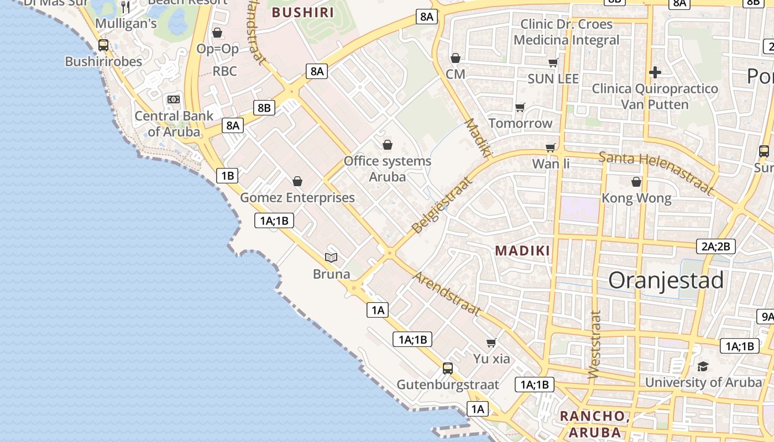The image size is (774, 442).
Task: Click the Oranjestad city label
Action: (666, 281)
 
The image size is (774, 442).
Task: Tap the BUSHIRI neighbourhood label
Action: (304, 12)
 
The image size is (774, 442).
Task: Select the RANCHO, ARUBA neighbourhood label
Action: (594, 424)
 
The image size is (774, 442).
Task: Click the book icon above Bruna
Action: (331, 257)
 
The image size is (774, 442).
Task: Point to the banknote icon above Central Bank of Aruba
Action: (174, 99)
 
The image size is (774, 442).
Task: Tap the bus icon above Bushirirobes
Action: (103, 45)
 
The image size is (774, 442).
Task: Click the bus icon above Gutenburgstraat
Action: (448, 368)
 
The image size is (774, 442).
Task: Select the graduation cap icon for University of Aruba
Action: (703, 366)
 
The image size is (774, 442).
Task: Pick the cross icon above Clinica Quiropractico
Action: (655, 72)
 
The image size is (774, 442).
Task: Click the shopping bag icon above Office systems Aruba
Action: (388, 145)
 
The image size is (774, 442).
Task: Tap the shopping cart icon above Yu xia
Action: (491, 343)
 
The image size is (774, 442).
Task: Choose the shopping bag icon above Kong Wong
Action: (636, 181)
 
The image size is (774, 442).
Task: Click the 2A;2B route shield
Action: (716, 246)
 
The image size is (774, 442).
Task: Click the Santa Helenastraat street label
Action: (656, 172)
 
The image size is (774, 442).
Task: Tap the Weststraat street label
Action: (594, 345)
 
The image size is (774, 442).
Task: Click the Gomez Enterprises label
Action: (297, 198)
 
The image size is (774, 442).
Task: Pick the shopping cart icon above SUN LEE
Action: (553, 62)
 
